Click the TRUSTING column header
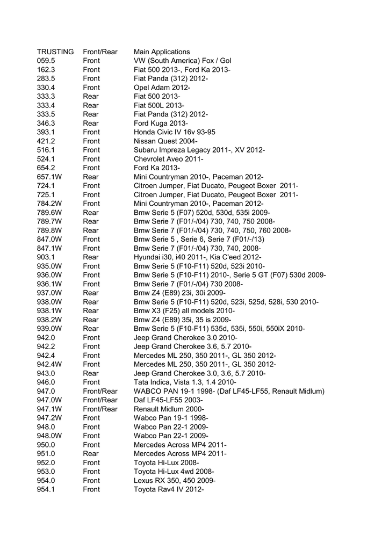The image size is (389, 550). [x=55, y=52]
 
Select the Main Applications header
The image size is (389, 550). [x=162, y=52]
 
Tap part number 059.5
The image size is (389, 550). [x=46, y=61]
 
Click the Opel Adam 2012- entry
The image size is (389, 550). [x=162, y=88]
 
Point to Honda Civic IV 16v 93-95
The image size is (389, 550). [x=175, y=132]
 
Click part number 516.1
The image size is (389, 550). [x=46, y=150]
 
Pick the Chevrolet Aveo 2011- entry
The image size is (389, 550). [x=168, y=159]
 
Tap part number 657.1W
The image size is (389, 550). [x=49, y=177]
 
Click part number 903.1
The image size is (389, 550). [x=46, y=257]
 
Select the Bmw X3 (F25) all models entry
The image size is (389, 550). [x=184, y=310]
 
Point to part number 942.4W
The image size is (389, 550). [x=49, y=364]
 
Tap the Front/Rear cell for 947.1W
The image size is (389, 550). [x=100, y=409]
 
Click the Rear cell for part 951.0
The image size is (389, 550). [x=91, y=453]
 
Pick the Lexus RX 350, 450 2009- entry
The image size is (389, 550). [x=175, y=480]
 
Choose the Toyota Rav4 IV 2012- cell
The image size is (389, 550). [x=169, y=489]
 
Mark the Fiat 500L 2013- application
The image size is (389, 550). [x=159, y=106]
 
